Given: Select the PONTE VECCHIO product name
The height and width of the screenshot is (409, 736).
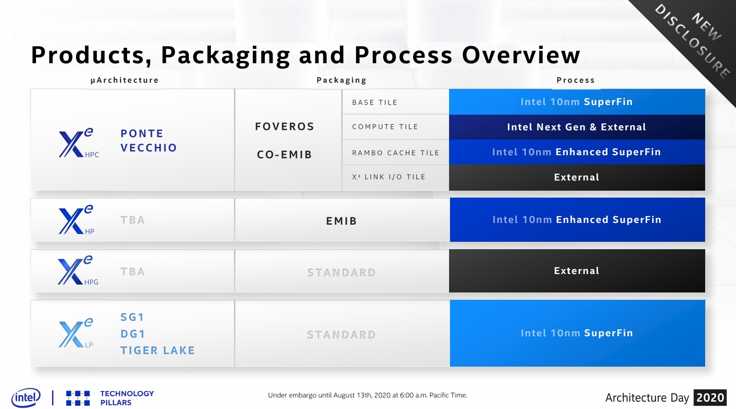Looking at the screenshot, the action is click(148, 140).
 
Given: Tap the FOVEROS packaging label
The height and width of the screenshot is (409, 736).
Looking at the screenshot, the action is click(285, 127).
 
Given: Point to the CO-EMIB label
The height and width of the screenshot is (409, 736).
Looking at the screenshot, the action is click(284, 154).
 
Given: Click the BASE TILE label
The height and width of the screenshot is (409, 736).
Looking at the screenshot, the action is click(374, 103).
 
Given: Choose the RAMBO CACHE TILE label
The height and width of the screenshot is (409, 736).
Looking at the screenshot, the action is click(396, 153).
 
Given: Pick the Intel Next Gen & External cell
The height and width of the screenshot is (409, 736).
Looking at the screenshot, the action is click(577, 127).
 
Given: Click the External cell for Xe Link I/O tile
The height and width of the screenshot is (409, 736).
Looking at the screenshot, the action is click(577, 177).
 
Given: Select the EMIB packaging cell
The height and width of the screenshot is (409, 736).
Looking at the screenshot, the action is click(342, 220).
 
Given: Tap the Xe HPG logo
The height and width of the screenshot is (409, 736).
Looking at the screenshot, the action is click(78, 270).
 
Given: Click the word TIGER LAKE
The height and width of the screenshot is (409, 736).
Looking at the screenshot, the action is click(158, 351).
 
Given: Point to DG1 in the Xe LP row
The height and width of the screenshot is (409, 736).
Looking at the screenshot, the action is click(133, 334).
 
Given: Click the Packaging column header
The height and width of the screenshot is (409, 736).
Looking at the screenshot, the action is click(341, 80).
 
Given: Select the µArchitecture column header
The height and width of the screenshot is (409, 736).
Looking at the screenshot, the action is click(124, 80).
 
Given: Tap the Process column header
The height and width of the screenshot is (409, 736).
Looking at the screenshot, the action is click(576, 80).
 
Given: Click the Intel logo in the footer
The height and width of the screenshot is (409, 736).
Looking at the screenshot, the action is click(26, 397).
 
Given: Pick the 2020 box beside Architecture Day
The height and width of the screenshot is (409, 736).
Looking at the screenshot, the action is click(710, 397).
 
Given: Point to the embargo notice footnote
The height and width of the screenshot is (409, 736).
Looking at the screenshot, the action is click(368, 395).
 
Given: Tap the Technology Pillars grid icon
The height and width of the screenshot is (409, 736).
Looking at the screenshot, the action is click(78, 398).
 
